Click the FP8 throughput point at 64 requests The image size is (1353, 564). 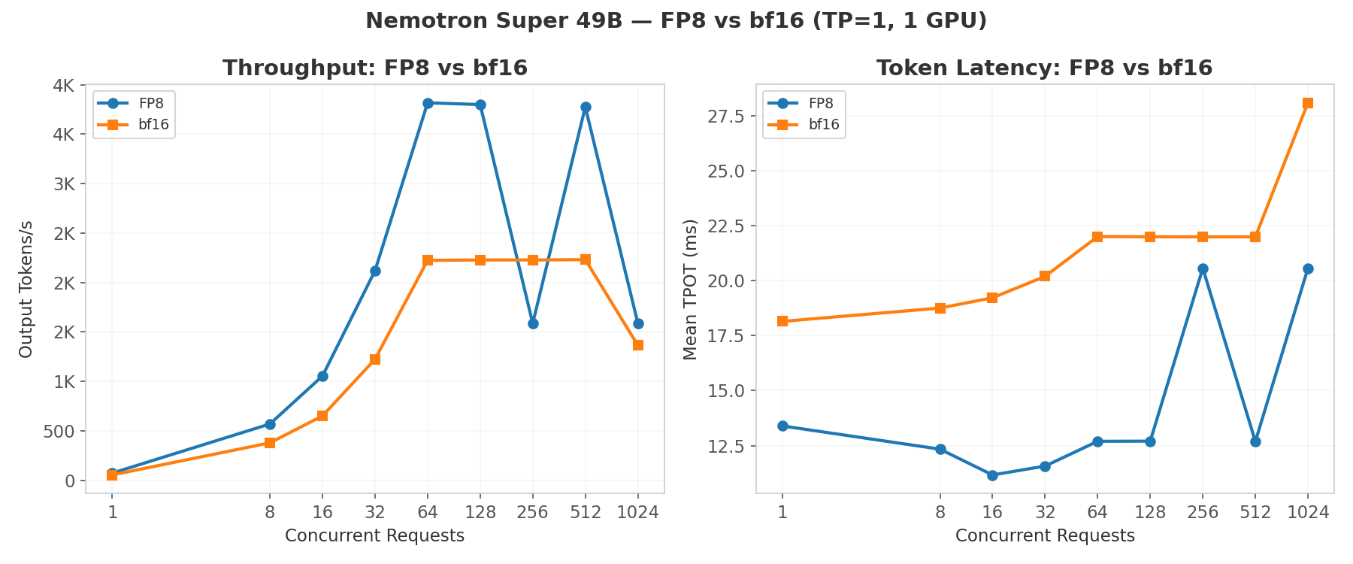(x=428, y=103)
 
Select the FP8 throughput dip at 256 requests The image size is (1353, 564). (x=533, y=323)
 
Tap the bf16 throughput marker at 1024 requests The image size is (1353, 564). (x=638, y=345)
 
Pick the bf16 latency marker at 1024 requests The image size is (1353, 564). (x=1308, y=103)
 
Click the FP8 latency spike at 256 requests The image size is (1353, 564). (x=1203, y=268)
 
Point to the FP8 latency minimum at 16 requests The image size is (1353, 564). (x=992, y=475)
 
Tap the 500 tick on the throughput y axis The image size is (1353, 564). (x=59, y=432)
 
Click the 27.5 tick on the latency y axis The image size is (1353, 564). (x=727, y=116)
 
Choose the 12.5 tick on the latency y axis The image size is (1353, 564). (x=727, y=446)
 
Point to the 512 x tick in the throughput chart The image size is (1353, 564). (x=586, y=512)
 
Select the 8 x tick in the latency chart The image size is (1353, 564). (x=940, y=512)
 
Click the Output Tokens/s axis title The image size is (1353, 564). (x=26, y=289)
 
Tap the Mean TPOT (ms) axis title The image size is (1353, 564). (x=691, y=289)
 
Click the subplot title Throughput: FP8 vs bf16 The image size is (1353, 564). (x=375, y=68)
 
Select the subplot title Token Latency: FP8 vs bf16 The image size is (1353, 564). (x=1044, y=68)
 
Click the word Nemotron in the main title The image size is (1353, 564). (x=413, y=21)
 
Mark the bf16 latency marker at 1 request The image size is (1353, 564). (x=782, y=321)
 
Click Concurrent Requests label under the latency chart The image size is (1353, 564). (x=1045, y=536)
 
